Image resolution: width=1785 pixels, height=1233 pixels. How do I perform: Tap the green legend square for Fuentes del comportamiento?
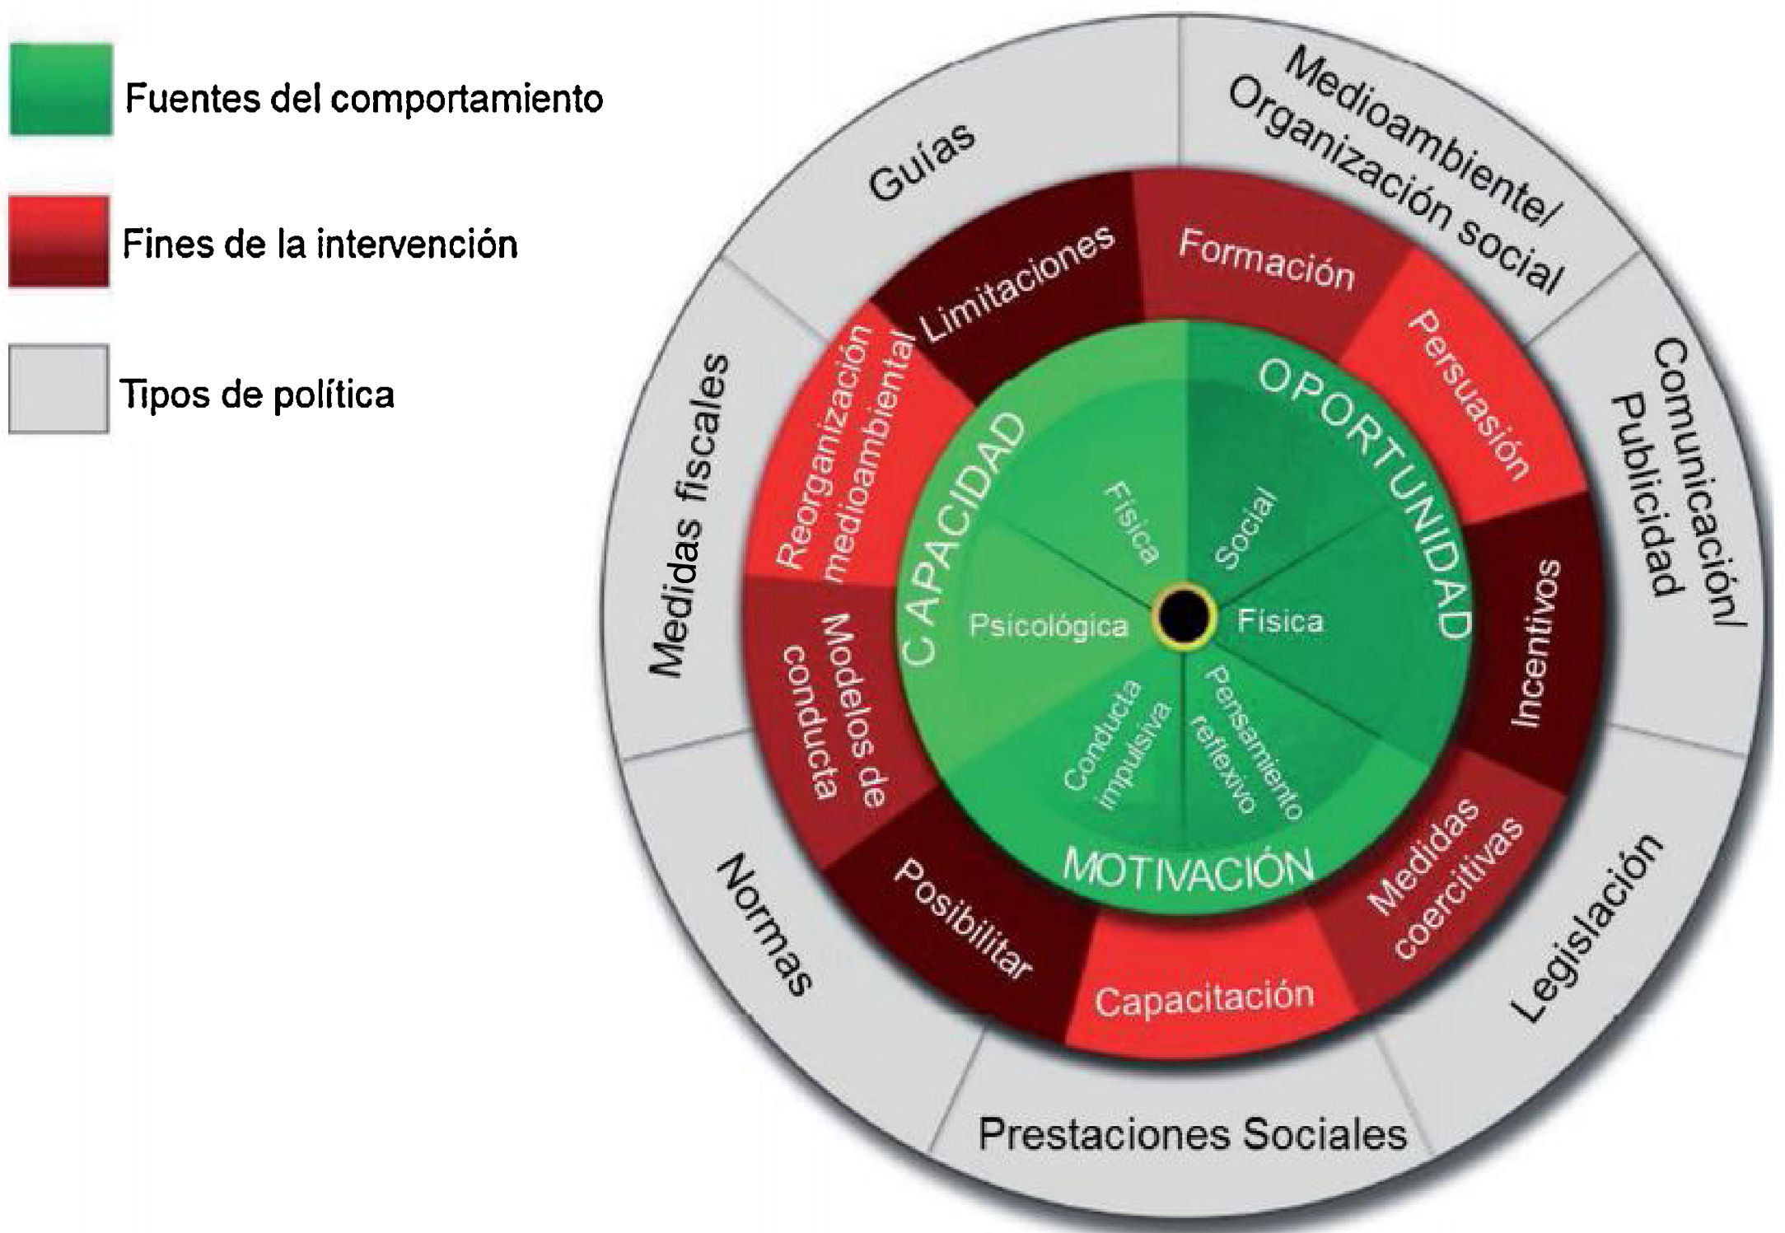point(61,89)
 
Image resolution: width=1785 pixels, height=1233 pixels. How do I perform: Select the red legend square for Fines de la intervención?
point(59,241)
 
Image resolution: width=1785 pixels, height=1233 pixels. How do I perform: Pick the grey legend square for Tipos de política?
point(58,389)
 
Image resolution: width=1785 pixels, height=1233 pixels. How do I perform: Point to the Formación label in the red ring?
point(1266,259)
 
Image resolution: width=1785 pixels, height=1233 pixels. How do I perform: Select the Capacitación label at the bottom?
point(1203,998)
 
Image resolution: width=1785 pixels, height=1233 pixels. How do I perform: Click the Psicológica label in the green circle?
point(1048,626)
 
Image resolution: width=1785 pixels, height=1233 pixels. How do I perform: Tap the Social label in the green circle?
point(1245,530)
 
